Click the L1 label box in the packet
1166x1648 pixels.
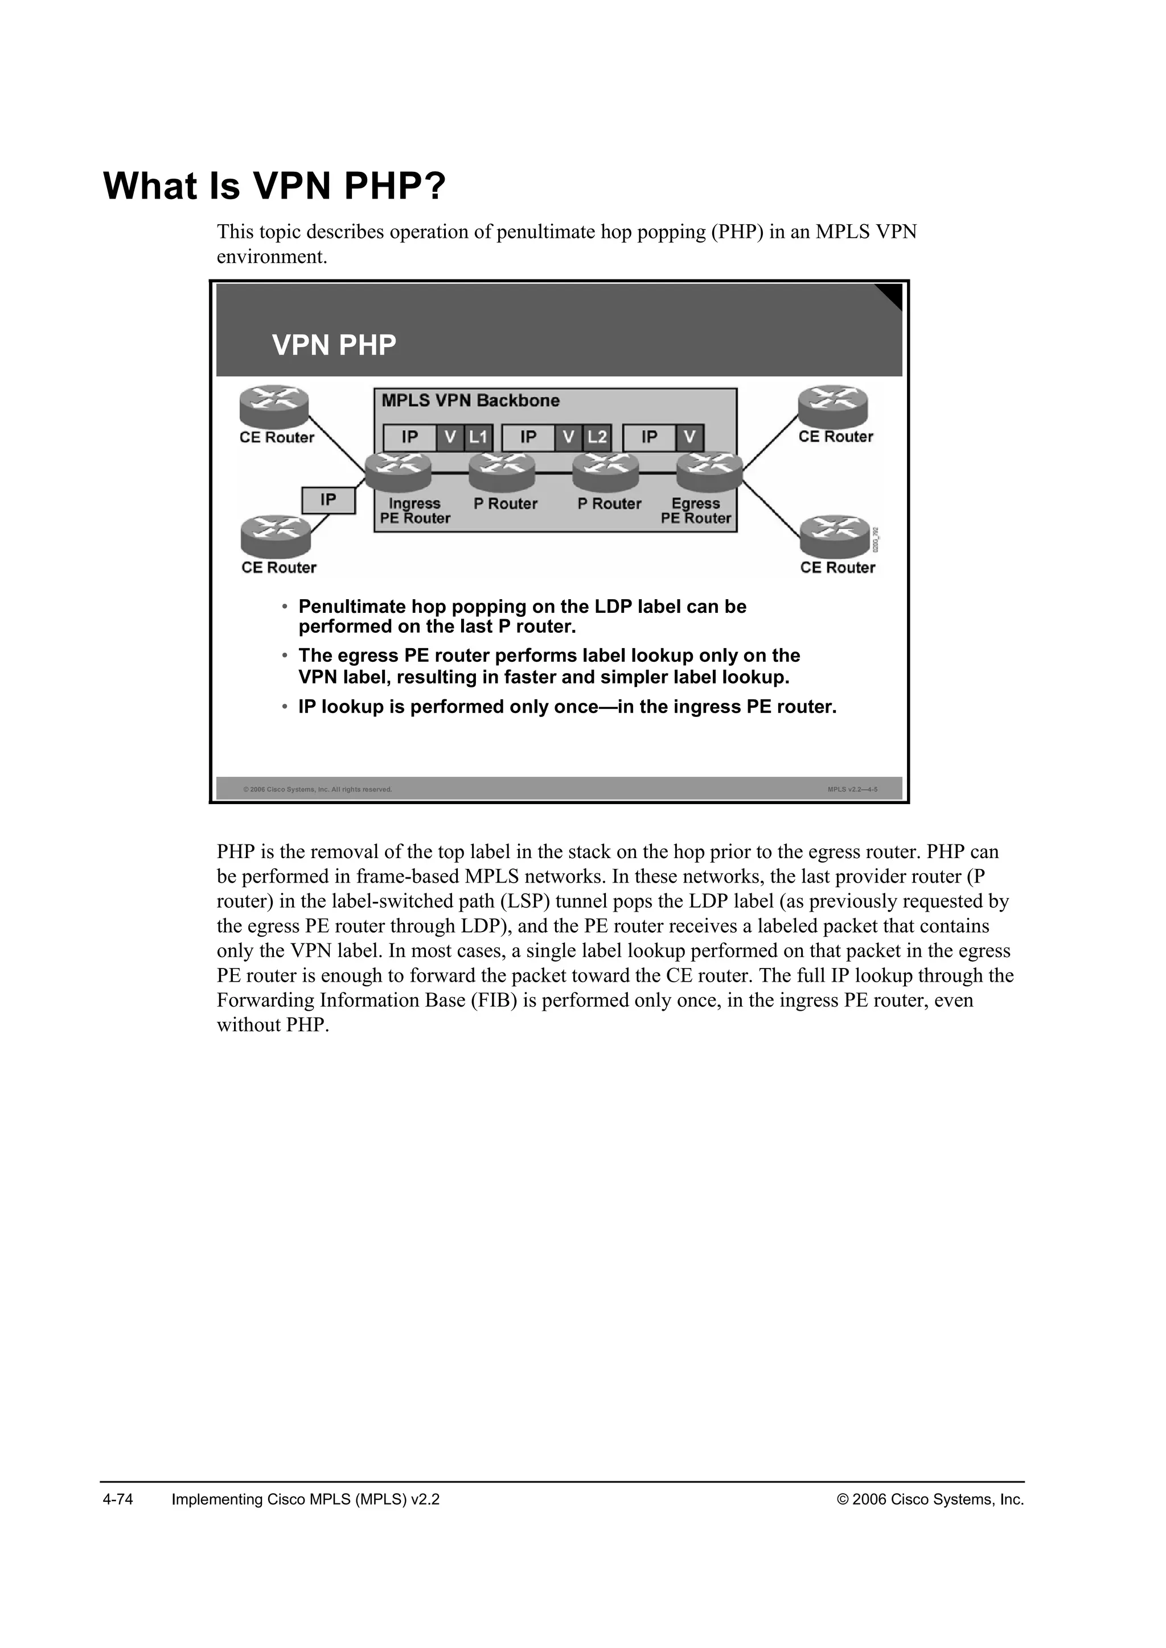pos(478,437)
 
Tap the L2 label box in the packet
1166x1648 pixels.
pos(597,437)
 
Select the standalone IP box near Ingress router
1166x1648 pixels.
pos(328,500)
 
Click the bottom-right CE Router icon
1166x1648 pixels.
pos(834,536)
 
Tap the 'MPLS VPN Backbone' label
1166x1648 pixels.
pos(470,401)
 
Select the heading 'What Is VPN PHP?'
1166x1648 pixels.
pos(274,187)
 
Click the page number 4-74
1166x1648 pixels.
pos(118,1499)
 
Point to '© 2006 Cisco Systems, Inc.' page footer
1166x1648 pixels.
pos(930,1499)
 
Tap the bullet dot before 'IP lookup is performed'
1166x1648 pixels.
pos(285,707)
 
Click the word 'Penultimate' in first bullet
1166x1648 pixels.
pos(352,607)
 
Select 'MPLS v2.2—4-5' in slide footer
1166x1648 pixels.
pos(852,789)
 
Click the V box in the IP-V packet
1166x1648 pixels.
pos(690,437)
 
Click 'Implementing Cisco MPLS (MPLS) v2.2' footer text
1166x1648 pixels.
pos(306,1499)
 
